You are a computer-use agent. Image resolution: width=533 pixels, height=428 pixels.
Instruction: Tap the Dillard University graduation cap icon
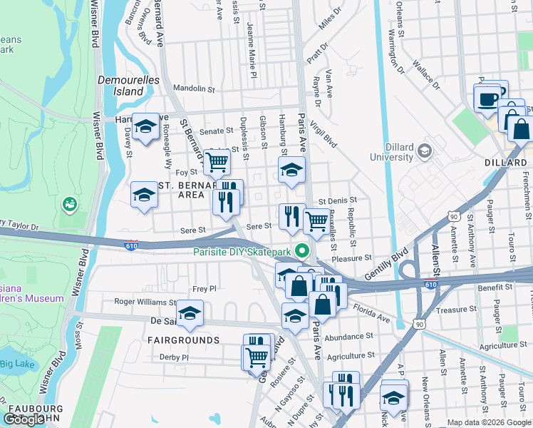pos(425,151)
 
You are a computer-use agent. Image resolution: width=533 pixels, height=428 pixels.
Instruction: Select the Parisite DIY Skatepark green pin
pos(302,252)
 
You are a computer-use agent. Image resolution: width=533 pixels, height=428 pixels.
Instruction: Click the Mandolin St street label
pos(194,89)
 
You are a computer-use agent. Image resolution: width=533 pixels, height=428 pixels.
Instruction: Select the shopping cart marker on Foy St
pos(217,162)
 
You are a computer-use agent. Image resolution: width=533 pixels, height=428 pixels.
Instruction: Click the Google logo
pos(24,419)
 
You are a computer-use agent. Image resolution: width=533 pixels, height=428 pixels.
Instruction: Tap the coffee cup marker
pos(488,98)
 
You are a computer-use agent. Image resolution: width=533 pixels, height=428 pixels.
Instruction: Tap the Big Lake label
pos(16,365)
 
